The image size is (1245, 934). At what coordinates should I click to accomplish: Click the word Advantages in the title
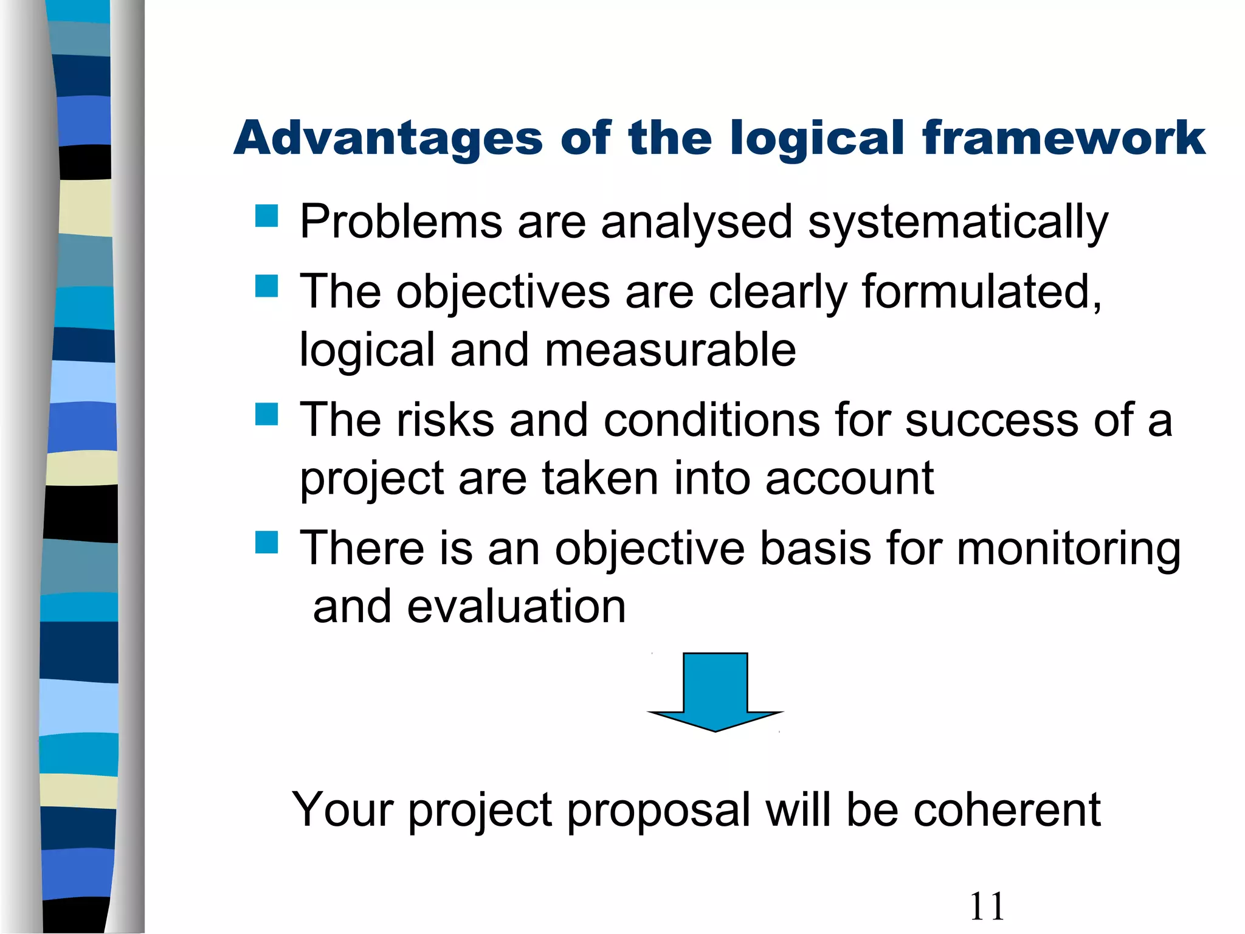(388, 139)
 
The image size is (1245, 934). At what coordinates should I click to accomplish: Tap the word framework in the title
(1063, 138)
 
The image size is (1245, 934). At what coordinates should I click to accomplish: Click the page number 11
(987, 906)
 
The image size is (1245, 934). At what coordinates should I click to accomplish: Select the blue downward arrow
(716, 691)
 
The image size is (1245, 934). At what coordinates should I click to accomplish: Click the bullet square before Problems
(266, 216)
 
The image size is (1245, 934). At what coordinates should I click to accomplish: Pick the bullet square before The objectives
(266, 286)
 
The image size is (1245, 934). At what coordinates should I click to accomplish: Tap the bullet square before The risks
(266, 414)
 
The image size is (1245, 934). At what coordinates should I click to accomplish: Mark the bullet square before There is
(266, 542)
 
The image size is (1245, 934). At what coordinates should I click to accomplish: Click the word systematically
(958, 223)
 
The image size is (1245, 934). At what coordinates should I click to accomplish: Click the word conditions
(712, 420)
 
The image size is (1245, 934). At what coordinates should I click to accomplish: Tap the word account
(849, 479)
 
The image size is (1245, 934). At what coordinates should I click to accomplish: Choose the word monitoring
(1068, 549)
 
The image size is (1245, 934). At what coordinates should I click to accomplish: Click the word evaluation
(516, 607)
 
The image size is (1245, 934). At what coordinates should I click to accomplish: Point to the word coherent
(1007, 810)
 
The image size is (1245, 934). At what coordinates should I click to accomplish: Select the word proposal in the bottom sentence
(659, 811)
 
